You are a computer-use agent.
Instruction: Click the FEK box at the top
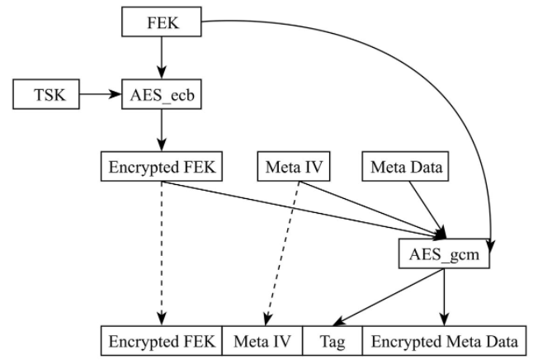click(162, 21)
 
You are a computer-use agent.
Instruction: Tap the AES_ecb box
click(162, 95)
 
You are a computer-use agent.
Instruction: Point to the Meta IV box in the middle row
click(294, 168)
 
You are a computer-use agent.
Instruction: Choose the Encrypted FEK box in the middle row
click(162, 168)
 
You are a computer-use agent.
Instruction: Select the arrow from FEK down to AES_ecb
click(162, 58)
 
